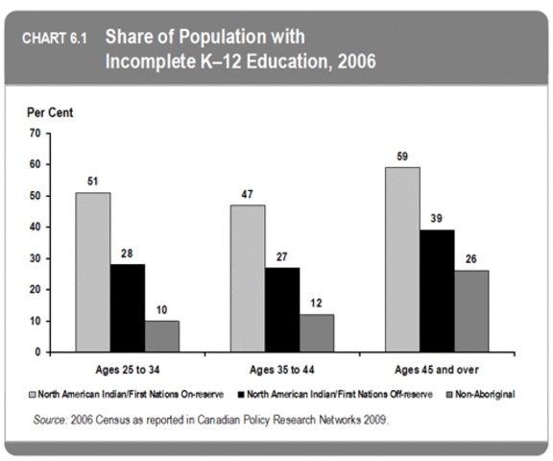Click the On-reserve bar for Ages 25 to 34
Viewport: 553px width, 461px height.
93,272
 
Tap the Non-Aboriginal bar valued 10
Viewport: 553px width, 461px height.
161,336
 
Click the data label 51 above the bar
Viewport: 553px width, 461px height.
93,182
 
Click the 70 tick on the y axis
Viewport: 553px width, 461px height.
34,133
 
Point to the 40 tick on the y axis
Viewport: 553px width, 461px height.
34,228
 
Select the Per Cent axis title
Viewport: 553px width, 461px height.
49,112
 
